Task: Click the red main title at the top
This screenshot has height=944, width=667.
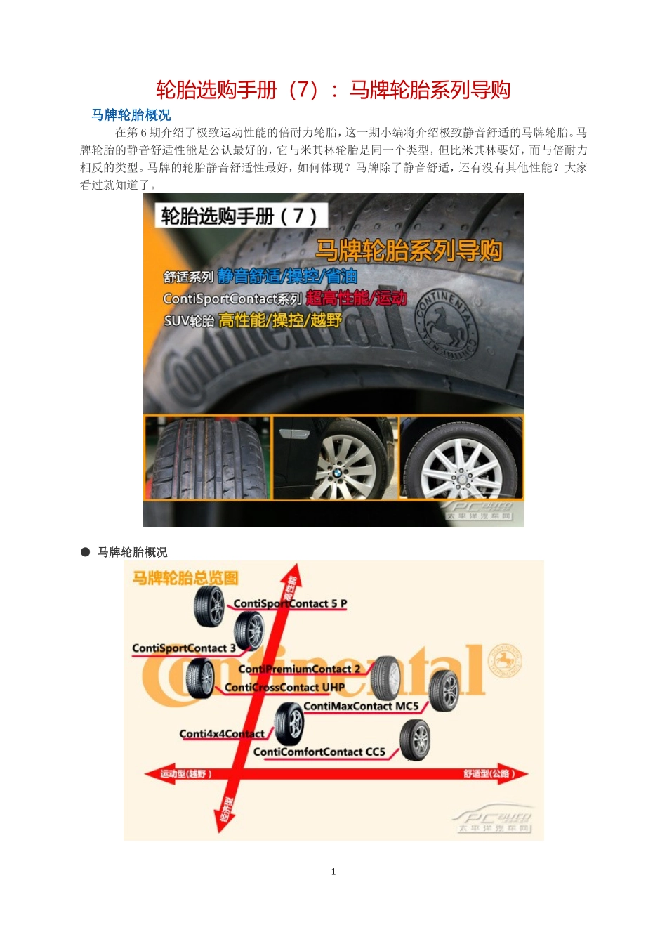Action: pos(333,90)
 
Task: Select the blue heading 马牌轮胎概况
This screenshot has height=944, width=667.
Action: pos(131,115)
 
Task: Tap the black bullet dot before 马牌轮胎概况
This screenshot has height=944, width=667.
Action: pos(86,552)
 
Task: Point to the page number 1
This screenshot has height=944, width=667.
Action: pos(333,872)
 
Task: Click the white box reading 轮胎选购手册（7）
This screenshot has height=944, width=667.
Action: pos(241,216)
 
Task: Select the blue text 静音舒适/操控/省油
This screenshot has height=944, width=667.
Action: pos(287,276)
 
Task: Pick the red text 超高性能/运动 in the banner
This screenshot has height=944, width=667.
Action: pos(357,298)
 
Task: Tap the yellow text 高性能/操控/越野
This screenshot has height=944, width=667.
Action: pos(279,320)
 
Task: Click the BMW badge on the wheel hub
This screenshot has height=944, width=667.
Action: pos(337,473)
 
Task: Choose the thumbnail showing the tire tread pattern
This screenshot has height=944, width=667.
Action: pos(207,458)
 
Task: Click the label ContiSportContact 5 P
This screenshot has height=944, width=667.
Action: pos(290,603)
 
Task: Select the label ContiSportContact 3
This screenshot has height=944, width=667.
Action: pos(184,648)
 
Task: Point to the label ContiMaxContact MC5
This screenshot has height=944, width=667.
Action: pos(361,706)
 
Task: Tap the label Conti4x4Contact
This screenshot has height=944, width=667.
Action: pos(222,734)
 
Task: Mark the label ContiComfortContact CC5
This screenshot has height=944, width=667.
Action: pos(319,752)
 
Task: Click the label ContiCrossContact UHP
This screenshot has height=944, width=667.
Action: pos(284,687)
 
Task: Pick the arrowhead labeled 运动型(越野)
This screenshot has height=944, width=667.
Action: pos(152,774)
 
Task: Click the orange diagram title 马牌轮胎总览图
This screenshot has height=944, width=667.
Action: pos(185,578)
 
